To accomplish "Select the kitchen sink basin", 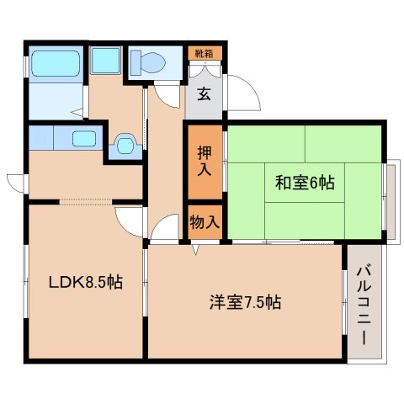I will tap(83, 138).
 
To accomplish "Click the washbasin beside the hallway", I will tap(125, 145).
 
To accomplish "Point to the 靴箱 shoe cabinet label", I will tap(205, 54).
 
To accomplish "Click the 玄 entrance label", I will tap(205, 93).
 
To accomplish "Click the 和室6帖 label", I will tap(304, 181).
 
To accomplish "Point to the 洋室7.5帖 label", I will tap(246, 300).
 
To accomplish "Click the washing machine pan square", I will tap(105, 61).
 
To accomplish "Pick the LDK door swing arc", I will tap(126, 221).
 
